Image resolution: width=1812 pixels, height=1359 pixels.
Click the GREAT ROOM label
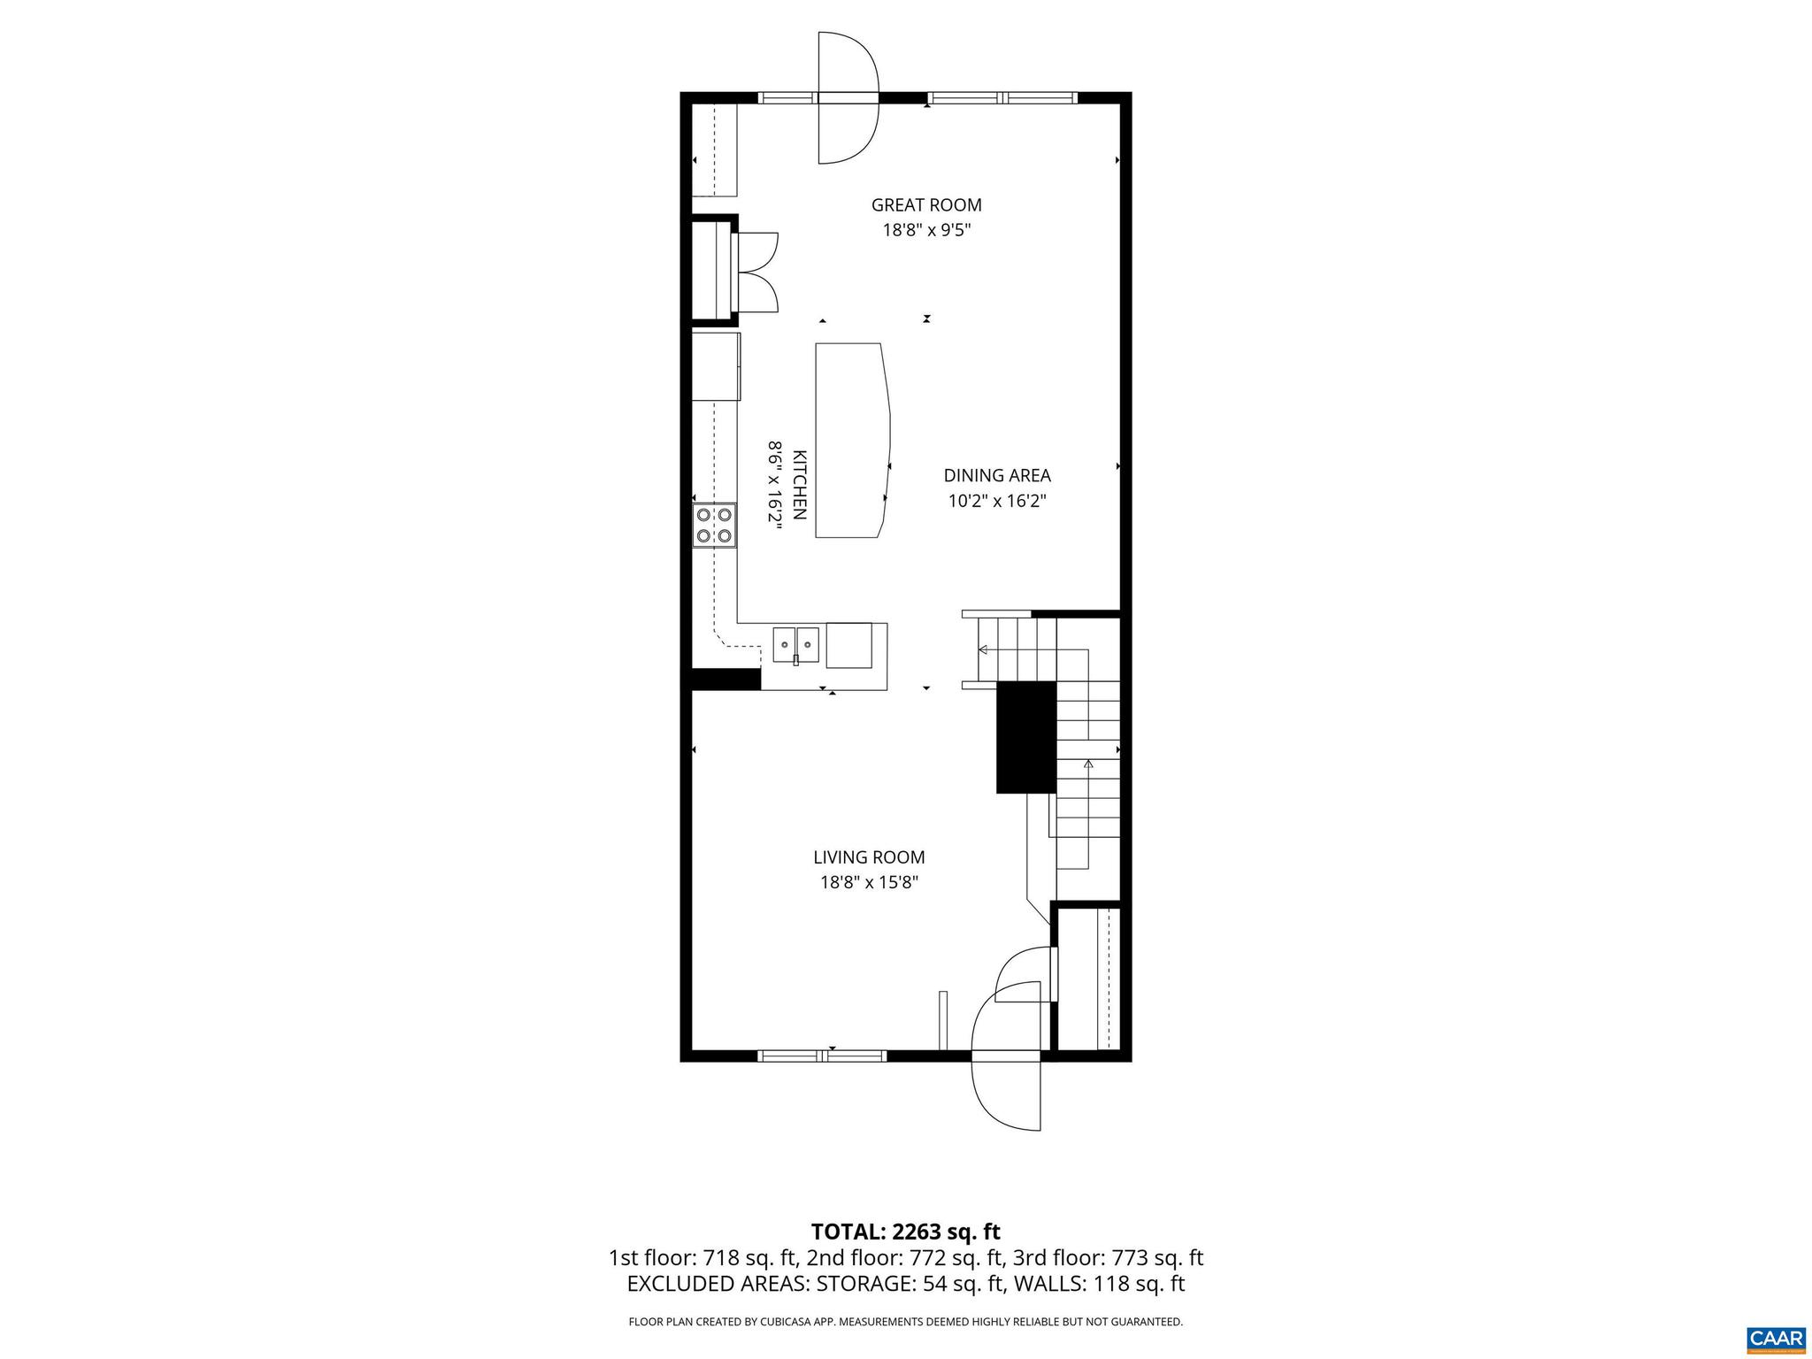point(926,205)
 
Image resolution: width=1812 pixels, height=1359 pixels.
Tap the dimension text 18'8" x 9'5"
point(926,231)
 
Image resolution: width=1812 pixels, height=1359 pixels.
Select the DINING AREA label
point(997,476)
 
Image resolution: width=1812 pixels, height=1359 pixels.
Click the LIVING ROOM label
point(869,857)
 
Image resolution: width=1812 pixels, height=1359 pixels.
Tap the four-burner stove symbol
point(714,525)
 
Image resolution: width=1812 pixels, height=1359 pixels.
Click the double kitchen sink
point(796,644)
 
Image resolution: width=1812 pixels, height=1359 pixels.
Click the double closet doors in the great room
point(758,272)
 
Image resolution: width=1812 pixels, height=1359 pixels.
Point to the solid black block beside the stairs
point(1026,736)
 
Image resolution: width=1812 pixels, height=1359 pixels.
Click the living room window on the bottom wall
point(822,1056)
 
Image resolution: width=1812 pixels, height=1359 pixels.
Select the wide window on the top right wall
point(1002,98)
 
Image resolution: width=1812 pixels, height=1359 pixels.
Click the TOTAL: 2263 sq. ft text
point(905,1232)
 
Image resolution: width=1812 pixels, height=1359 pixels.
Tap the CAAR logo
point(1776,1338)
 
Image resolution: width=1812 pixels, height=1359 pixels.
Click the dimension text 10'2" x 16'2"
point(997,502)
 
